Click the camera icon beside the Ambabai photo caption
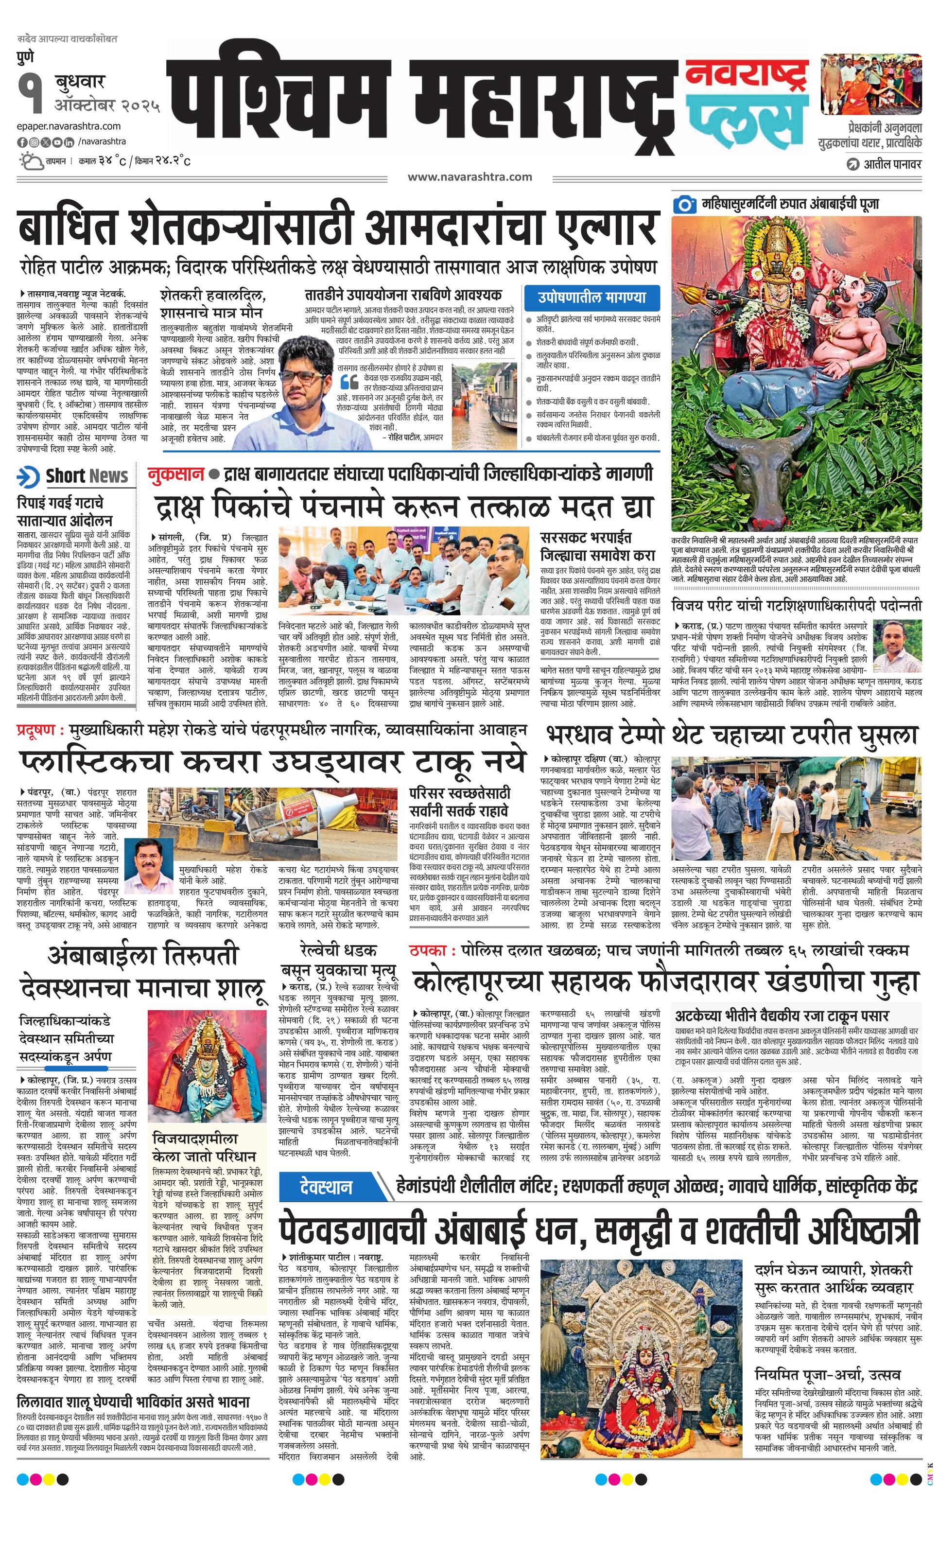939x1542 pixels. (x=685, y=204)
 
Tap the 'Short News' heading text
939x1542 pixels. (x=87, y=476)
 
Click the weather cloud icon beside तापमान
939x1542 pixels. (x=30, y=161)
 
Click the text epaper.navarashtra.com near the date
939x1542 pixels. (x=69, y=126)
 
